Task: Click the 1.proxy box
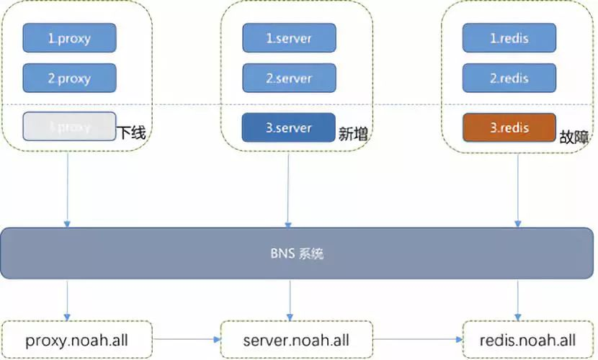click(x=70, y=37)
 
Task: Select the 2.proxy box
click(x=70, y=78)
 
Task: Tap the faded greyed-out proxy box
click(x=69, y=127)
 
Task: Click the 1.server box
click(x=289, y=37)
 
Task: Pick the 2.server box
click(x=289, y=78)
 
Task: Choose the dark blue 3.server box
click(x=289, y=127)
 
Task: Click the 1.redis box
click(x=509, y=37)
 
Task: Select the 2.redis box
click(x=509, y=78)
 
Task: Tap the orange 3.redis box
click(x=509, y=127)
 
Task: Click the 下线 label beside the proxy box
click(x=133, y=133)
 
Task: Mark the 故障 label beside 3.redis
click(x=574, y=136)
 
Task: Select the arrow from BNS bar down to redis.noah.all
click(x=518, y=299)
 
